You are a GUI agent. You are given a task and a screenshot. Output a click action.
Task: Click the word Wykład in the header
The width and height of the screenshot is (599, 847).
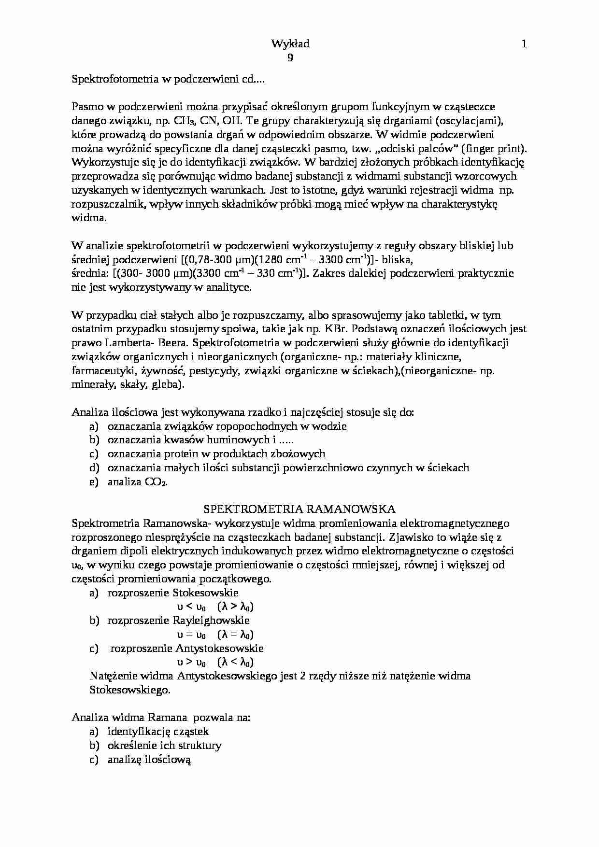290,44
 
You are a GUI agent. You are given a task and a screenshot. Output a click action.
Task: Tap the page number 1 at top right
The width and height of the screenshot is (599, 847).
524,44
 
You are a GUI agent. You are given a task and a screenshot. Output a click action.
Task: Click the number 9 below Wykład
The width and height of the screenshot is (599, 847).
290,57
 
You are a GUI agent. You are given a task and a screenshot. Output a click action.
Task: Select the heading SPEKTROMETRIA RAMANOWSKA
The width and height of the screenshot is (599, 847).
299,509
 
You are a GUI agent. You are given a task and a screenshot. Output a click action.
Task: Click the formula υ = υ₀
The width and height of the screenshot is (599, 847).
189,635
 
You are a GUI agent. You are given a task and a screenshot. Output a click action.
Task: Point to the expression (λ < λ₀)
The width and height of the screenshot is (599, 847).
235,662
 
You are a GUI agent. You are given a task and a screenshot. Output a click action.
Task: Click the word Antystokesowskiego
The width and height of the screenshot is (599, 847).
227,676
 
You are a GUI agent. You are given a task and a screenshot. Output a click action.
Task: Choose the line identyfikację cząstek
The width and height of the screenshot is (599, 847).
158,732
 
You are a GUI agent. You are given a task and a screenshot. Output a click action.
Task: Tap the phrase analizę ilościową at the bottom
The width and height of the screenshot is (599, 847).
149,760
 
